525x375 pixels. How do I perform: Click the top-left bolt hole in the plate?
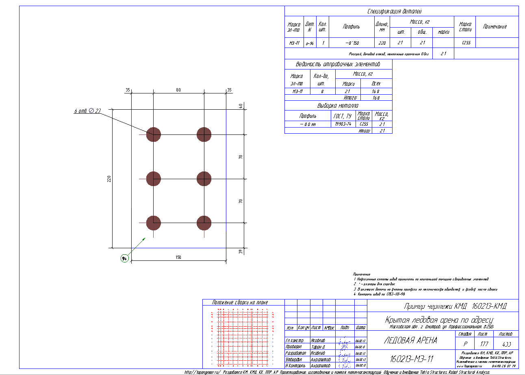[x=154, y=134]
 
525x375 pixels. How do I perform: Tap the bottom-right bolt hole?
[x=204, y=223]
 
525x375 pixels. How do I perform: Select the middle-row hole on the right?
[x=204, y=178]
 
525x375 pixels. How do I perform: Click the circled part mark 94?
[x=124, y=258]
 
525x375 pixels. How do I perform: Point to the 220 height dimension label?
[x=109, y=179]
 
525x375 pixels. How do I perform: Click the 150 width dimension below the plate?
[x=178, y=257]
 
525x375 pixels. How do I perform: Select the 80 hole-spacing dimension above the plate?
[x=178, y=90]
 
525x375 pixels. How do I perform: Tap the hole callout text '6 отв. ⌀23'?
[x=87, y=111]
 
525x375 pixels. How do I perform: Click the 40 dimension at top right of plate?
[x=241, y=106]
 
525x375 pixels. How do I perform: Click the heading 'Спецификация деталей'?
[x=401, y=11]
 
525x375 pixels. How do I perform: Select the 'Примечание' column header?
[x=495, y=26]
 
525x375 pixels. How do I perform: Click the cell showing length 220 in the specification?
[x=382, y=43]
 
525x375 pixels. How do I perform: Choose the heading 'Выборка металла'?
[x=338, y=106]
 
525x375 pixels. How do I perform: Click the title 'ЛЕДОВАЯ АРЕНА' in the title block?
[x=410, y=340]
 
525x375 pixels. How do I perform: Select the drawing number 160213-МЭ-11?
[x=412, y=358]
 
